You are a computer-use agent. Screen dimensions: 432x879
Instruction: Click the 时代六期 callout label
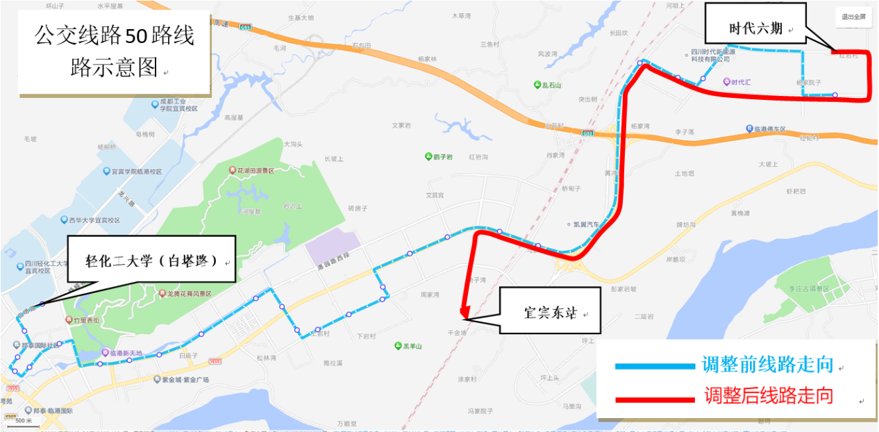click(755, 28)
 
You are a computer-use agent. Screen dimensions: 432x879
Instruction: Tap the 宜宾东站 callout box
click(551, 313)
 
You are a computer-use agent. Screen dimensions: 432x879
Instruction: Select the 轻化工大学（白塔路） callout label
click(151, 261)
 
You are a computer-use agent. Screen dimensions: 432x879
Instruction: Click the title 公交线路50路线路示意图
click(115, 52)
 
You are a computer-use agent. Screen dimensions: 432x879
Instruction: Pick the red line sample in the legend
click(655, 399)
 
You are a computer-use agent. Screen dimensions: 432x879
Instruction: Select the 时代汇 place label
click(741, 82)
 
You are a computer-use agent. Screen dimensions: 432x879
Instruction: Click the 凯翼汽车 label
click(586, 224)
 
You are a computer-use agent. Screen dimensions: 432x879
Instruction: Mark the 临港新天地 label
click(126, 353)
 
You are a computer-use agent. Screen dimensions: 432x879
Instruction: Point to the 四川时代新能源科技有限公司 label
click(714, 55)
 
